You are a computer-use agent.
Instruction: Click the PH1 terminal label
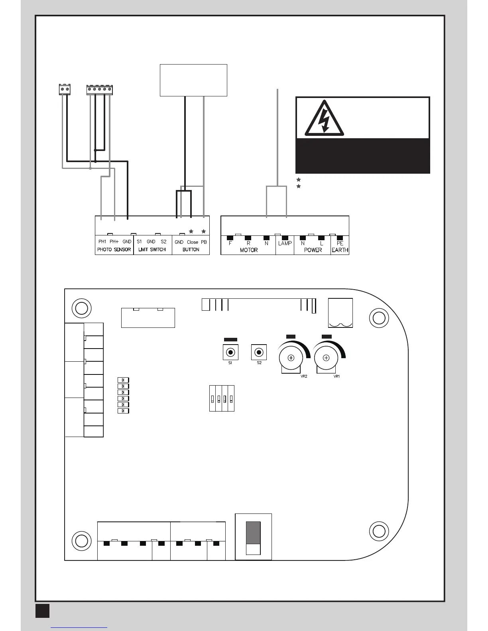click(102, 242)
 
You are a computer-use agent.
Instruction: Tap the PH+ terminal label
click(114, 242)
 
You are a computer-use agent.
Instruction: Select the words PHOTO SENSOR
click(114, 250)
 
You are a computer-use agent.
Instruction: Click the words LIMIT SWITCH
click(152, 250)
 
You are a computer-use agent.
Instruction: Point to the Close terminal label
click(192, 242)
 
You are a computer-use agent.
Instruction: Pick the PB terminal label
click(204, 242)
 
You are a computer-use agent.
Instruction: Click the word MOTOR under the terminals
click(248, 250)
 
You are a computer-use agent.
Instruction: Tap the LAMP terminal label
click(285, 243)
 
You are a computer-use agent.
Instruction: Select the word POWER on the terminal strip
click(313, 250)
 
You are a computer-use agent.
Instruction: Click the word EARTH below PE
click(340, 250)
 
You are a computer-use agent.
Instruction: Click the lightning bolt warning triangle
click(324, 119)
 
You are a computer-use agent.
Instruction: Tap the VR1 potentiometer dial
click(326, 358)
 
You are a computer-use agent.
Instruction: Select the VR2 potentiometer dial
click(291, 358)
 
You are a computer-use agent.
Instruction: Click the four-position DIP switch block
click(222, 398)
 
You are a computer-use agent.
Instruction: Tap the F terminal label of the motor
click(230, 243)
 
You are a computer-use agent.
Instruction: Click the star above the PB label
click(204, 231)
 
